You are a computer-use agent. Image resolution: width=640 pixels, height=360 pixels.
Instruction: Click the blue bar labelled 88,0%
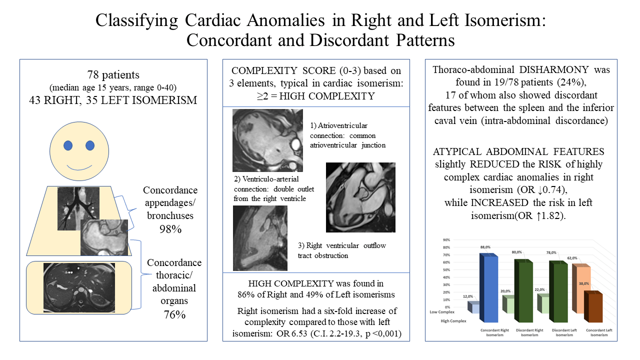pos(488,290)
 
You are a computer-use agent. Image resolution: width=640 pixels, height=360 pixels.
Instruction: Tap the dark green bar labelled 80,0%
pos(523,292)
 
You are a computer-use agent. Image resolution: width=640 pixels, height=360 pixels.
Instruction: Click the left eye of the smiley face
pos(68,145)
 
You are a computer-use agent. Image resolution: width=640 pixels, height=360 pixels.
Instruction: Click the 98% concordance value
pos(170,229)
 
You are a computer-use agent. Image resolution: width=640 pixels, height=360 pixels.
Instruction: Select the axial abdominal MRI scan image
pos(79,284)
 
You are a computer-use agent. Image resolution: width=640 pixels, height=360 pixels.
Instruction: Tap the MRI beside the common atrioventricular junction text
pos(267,141)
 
